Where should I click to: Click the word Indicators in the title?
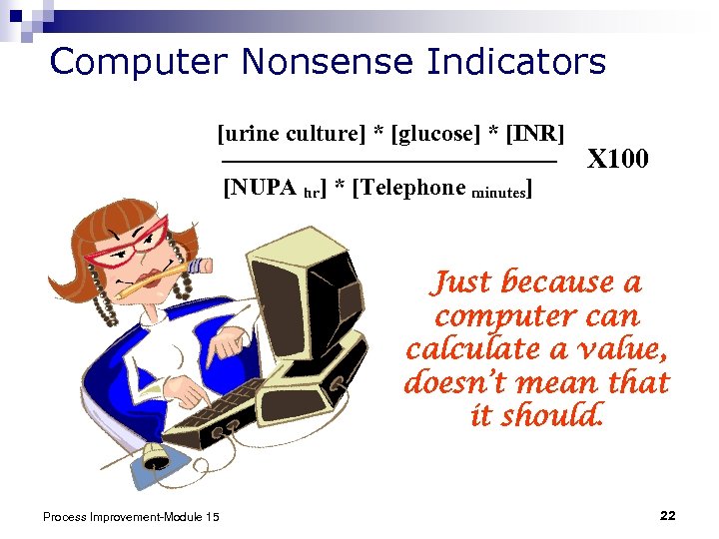(x=516, y=62)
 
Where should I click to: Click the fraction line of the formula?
(x=388, y=161)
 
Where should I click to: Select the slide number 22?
(x=668, y=515)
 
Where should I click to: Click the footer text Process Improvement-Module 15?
(x=132, y=515)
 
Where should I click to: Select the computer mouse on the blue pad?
(x=157, y=458)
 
